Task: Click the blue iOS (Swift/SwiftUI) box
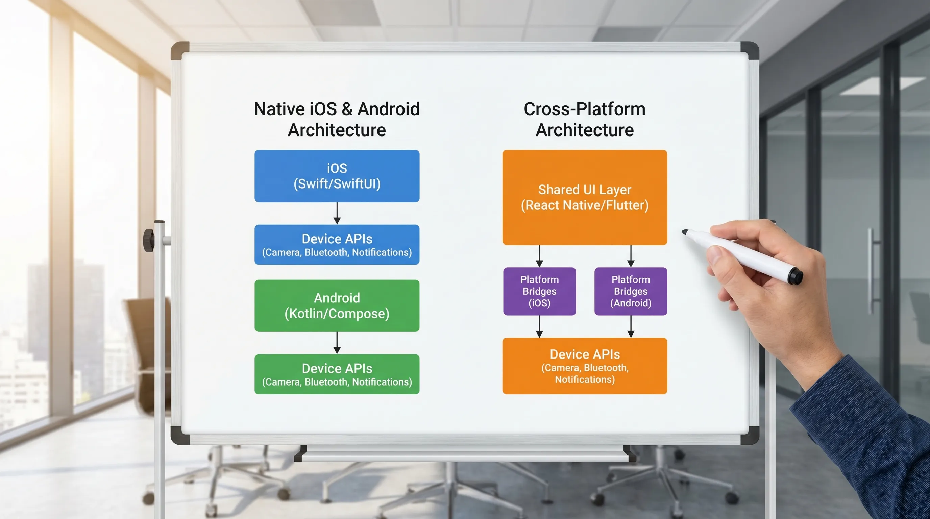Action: click(x=337, y=176)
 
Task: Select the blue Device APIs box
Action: click(x=337, y=244)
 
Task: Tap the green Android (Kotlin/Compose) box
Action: click(x=337, y=305)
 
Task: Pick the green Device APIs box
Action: click(x=337, y=374)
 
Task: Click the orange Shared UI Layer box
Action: click(x=585, y=197)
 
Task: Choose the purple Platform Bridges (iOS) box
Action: click(x=539, y=291)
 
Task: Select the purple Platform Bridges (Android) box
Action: click(x=631, y=291)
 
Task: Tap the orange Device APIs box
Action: click(x=585, y=366)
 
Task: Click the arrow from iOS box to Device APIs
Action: click(x=337, y=213)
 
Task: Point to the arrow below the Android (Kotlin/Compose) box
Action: click(x=337, y=343)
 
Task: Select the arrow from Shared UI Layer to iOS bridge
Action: click(x=539, y=256)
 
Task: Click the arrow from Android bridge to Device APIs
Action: click(x=631, y=327)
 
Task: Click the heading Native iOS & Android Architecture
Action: click(x=337, y=119)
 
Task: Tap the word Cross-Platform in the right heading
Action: click(x=585, y=109)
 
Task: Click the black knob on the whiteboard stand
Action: click(x=148, y=240)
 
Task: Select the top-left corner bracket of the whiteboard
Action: click(x=179, y=50)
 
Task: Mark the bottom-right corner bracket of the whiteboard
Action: click(x=750, y=436)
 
